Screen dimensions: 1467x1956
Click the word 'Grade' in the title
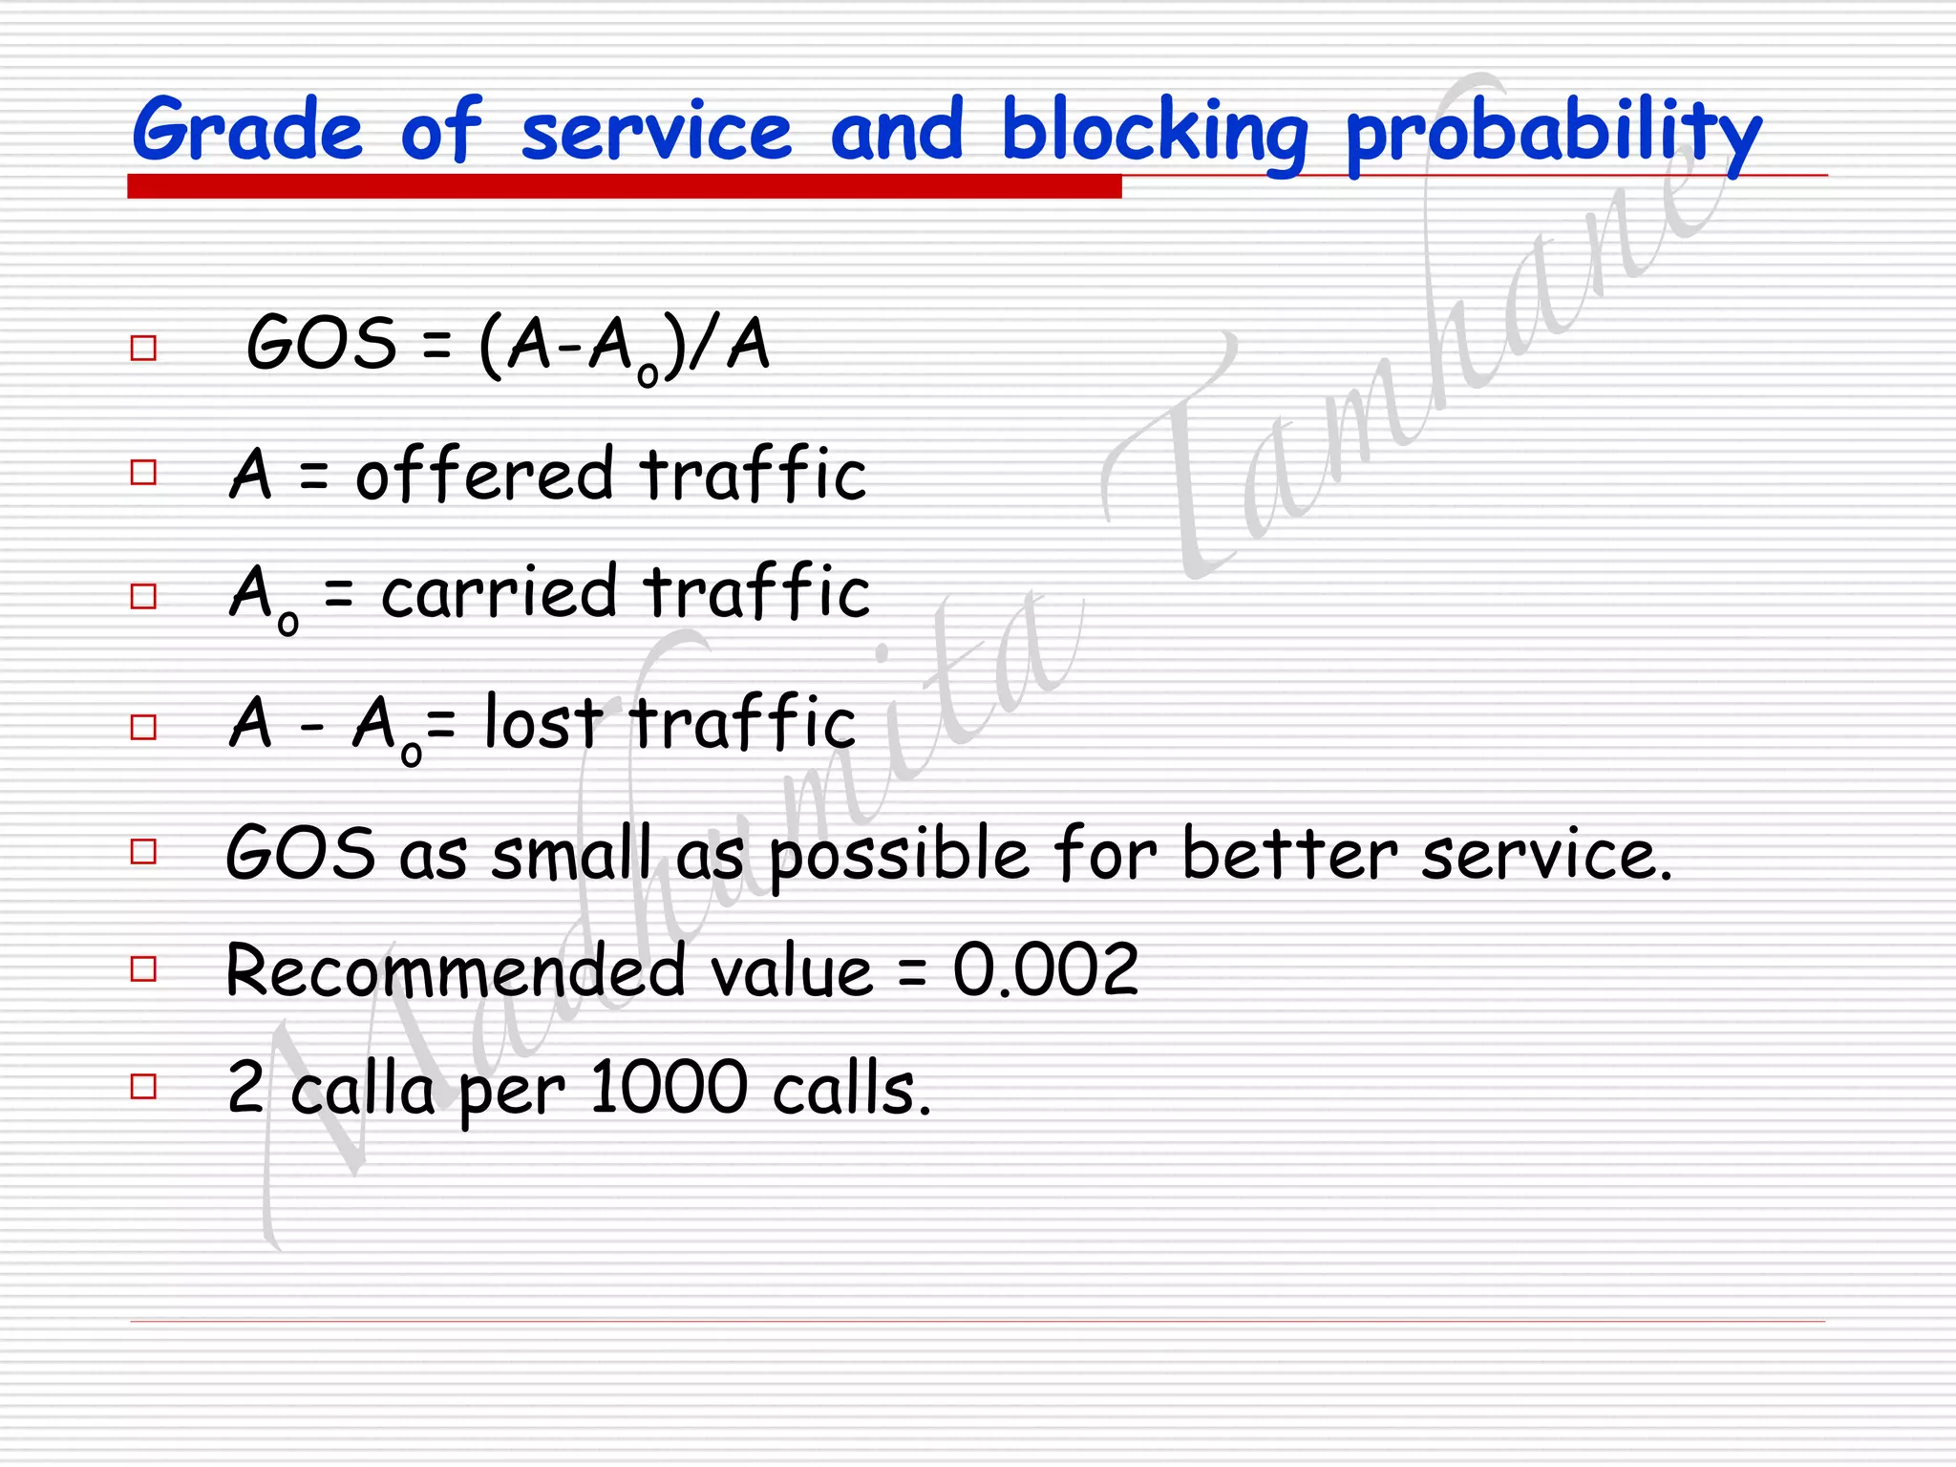[x=247, y=130]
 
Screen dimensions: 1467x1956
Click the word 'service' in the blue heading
[x=656, y=132]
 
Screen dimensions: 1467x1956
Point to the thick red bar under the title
[x=624, y=186]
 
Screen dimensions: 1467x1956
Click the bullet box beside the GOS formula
[x=143, y=348]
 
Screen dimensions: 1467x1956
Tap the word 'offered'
[x=484, y=474]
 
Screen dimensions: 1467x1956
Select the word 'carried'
[x=499, y=592]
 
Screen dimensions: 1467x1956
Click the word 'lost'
[x=542, y=722]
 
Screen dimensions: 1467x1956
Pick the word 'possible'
[x=899, y=854]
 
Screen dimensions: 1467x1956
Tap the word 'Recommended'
[x=456, y=971]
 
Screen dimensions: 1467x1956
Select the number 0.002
[x=1046, y=970]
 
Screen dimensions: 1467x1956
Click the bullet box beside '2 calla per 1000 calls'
[x=143, y=1087]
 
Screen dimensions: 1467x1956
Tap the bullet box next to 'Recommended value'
[x=143, y=969]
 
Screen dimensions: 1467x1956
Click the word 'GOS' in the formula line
[x=321, y=343]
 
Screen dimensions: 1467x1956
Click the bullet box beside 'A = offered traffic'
[x=143, y=473]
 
